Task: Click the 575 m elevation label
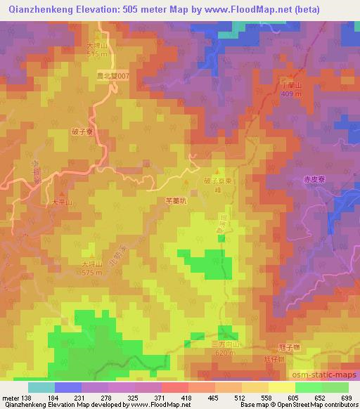pos(92,273)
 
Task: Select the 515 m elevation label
pos(96,54)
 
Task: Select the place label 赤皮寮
pos(316,179)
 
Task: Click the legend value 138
pos(27,398)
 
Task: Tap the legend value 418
pos(186,398)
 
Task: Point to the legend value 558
pos(265,398)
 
